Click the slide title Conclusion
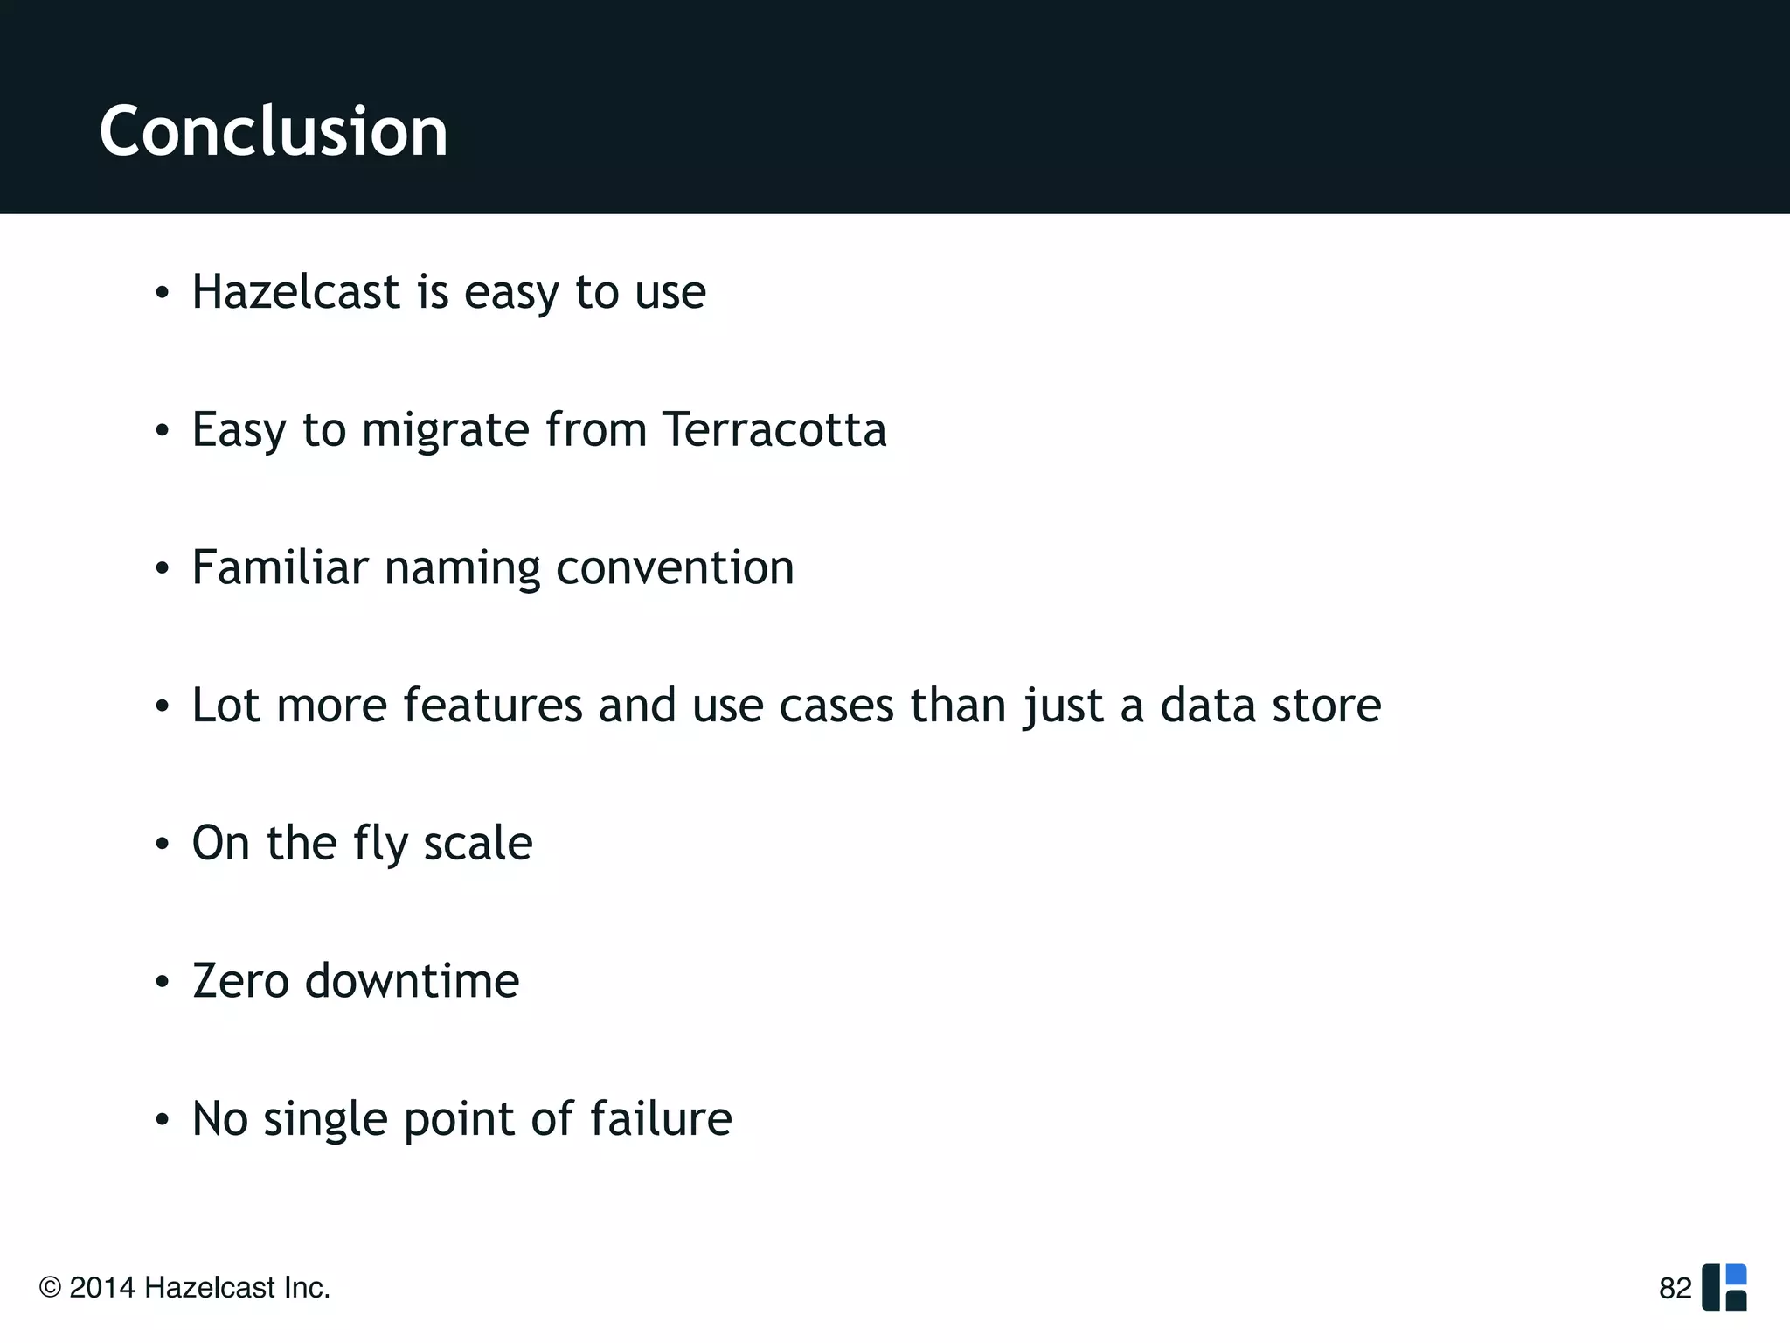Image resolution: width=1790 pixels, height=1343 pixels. tap(274, 131)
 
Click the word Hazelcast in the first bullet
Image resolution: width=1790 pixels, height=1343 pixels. tap(295, 291)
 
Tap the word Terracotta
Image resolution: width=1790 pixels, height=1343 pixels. tap(774, 429)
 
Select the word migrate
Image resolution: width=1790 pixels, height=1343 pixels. tap(445, 431)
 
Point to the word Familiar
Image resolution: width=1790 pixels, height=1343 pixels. tap(280, 567)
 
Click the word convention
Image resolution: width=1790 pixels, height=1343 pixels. tap(675, 567)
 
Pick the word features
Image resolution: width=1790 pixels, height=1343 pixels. tap(492, 705)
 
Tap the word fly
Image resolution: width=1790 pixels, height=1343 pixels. tap(380, 844)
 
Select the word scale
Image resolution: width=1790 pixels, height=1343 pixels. tap(477, 843)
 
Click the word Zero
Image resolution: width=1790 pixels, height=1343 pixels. tap(240, 980)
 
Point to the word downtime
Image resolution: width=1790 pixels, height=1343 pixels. tap(412, 980)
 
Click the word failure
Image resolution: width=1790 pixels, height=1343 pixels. tap(661, 1118)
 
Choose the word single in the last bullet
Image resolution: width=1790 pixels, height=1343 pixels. tap(324, 1120)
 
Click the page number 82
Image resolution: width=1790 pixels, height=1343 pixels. tap(1675, 1288)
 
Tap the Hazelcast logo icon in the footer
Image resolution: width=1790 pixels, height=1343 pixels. tap(1724, 1287)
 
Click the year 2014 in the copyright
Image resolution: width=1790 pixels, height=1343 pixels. tap(102, 1288)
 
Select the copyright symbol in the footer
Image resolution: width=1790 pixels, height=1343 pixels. tap(50, 1288)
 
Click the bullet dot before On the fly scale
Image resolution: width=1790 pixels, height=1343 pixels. tap(162, 845)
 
